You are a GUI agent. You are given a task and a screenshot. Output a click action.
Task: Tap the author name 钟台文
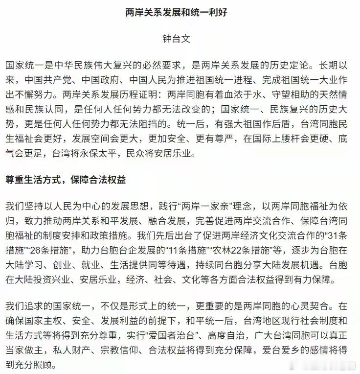point(180,39)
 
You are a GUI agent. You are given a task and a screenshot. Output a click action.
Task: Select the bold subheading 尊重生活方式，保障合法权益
point(66,180)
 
